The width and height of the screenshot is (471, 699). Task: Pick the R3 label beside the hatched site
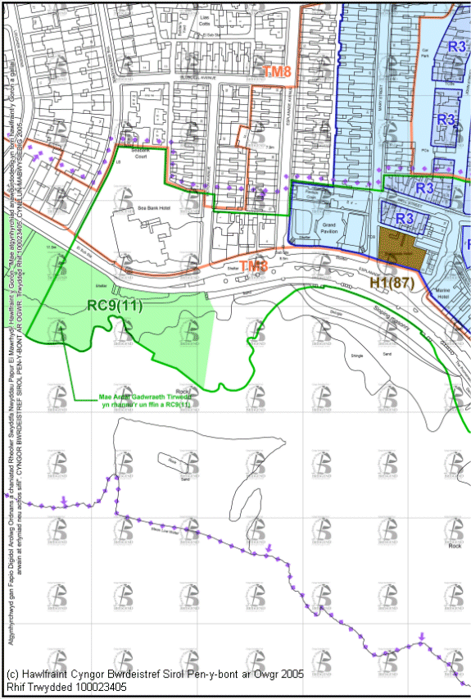(x=405, y=218)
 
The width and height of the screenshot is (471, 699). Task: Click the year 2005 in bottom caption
(x=287, y=674)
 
